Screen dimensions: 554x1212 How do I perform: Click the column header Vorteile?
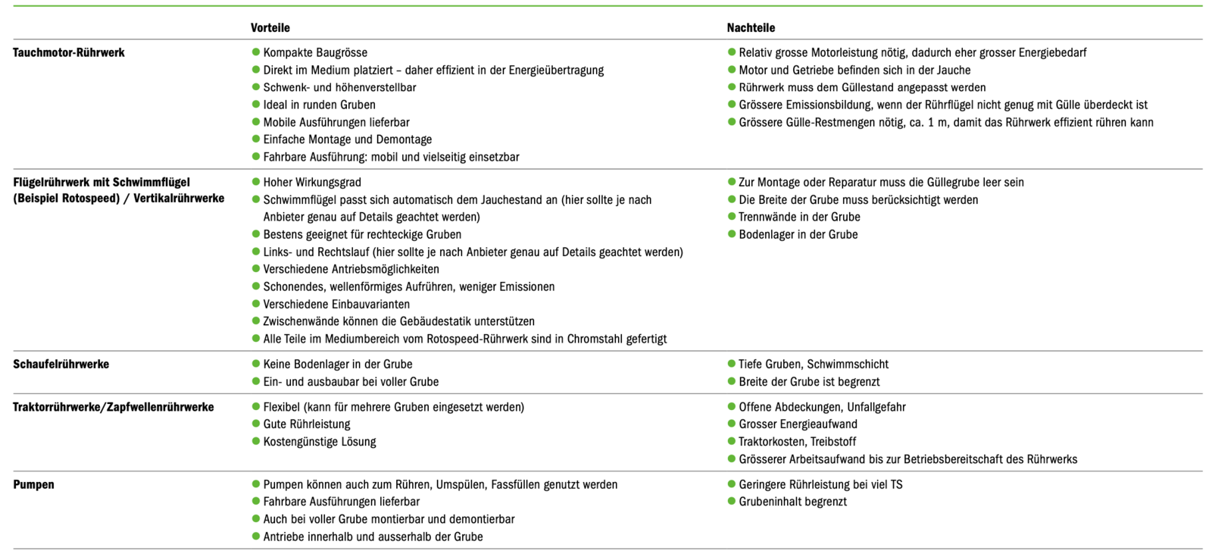pos(270,28)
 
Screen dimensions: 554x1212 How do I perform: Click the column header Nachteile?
pos(751,28)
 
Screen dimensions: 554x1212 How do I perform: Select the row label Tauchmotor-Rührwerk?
pos(69,53)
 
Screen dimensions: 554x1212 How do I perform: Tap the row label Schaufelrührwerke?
pos(61,365)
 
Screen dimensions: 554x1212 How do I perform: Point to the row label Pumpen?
pos(33,485)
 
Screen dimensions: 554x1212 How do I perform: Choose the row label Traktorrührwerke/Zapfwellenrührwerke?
pos(114,408)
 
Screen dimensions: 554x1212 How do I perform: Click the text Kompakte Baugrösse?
pos(315,53)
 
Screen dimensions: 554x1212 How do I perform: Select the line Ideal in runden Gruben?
pos(319,105)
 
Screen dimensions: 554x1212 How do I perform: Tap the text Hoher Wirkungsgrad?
pos(312,183)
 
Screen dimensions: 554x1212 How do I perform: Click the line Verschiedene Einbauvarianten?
pos(336,305)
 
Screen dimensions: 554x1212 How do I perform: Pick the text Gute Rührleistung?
pos(307,424)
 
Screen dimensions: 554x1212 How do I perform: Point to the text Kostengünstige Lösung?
pos(320,442)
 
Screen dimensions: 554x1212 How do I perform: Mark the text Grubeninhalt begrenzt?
pos(792,502)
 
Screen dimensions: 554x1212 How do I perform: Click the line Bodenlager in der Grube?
pos(798,235)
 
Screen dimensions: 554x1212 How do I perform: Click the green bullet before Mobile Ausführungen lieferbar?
pos(256,122)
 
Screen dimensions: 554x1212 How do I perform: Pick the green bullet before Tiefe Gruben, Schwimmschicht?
pos(732,365)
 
